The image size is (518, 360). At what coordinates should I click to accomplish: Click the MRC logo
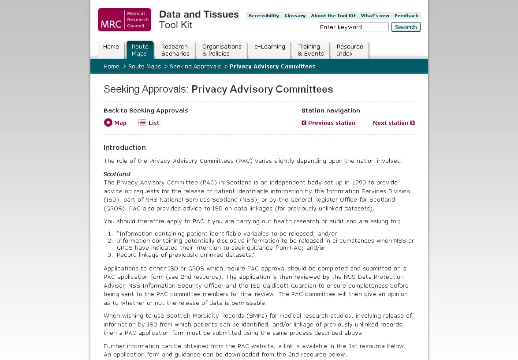(124, 20)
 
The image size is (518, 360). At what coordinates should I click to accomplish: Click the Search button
(406, 27)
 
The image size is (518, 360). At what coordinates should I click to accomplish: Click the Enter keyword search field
(354, 27)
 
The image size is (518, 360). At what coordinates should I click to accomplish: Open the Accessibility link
(264, 15)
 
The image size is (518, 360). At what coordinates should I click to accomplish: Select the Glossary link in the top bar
(295, 15)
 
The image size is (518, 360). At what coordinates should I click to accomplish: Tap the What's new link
(375, 15)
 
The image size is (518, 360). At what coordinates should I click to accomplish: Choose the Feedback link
(406, 15)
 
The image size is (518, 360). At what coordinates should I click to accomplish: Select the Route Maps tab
(140, 50)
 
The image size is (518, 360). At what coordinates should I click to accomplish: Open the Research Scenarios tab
(175, 50)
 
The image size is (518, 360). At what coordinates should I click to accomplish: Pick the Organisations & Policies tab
(222, 50)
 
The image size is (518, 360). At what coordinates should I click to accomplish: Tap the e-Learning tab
(270, 47)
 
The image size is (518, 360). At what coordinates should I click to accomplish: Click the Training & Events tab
(311, 50)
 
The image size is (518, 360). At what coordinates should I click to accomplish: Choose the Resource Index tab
(350, 50)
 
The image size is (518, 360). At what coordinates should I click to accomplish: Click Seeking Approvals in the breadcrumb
(195, 66)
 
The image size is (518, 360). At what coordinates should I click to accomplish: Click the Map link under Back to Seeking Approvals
(116, 123)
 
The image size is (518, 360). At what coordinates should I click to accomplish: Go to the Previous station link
(328, 123)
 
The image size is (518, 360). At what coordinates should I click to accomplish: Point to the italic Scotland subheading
(117, 174)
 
